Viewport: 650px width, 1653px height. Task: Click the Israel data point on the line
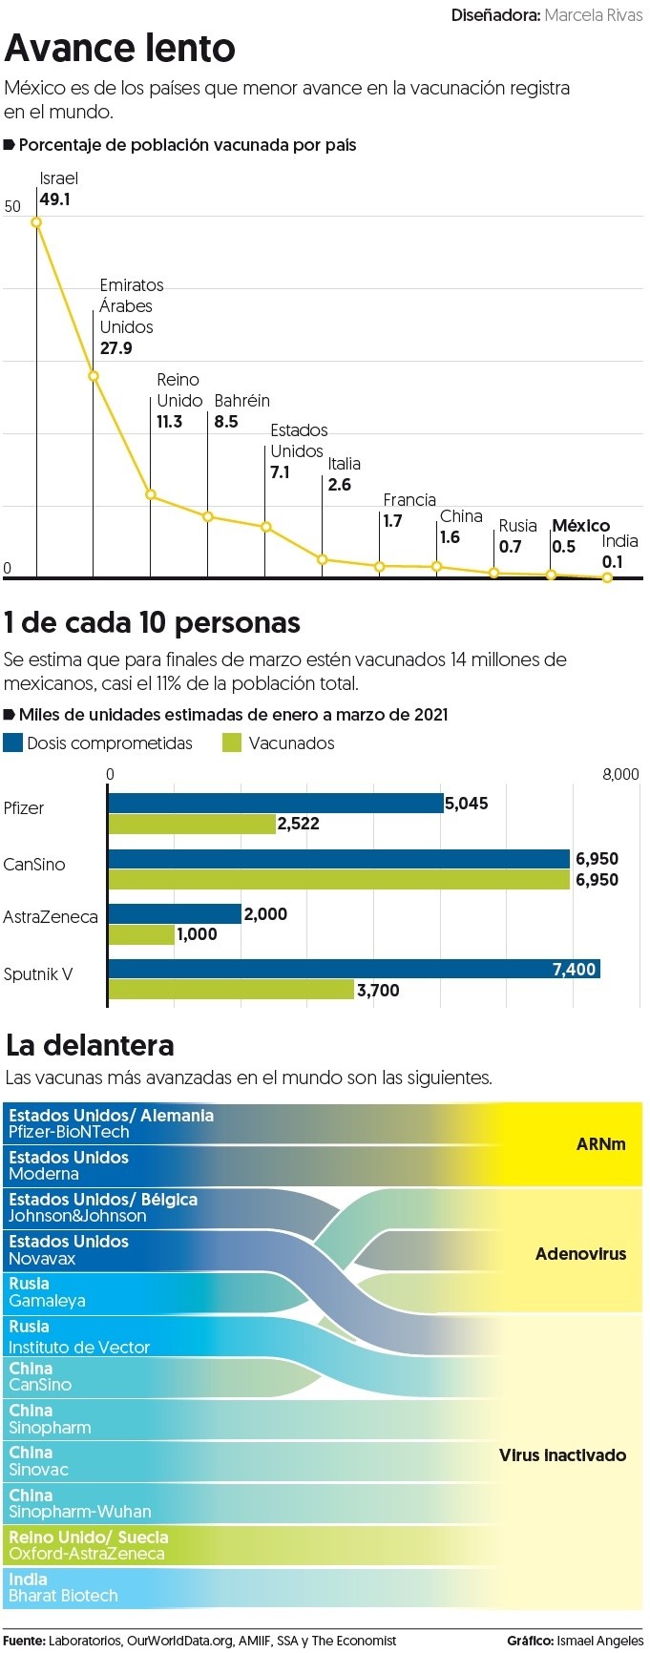click(36, 222)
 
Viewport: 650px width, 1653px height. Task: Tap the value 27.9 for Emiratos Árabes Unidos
click(116, 348)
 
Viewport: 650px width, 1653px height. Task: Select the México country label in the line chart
click(580, 526)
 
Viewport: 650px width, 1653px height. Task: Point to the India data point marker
click(608, 577)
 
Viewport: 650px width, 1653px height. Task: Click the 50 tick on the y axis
click(12, 206)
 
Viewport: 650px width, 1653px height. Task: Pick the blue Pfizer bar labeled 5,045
click(275, 804)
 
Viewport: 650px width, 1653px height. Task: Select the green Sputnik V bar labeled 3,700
click(230, 990)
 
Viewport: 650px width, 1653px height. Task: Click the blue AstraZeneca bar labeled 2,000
click(175, 913)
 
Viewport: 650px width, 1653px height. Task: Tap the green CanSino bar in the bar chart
click(339, 879)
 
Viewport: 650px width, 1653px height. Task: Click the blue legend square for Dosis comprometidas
click(12, 743)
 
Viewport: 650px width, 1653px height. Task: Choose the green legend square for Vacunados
click(231, 743)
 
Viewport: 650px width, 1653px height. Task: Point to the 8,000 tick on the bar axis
click(620, 774)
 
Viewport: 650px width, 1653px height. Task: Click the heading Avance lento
click(120, 48)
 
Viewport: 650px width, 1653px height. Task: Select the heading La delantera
click(90, 1045)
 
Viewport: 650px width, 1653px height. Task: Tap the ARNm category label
click(600, 1143)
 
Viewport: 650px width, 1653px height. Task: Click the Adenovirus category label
click(580, 1253)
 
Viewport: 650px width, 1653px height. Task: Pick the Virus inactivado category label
click(562, 1454)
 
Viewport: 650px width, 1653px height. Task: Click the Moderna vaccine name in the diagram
click(44, 1174)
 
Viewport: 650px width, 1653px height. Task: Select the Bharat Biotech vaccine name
click(63, 1595)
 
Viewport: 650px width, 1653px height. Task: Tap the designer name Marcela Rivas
click(593, 15)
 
